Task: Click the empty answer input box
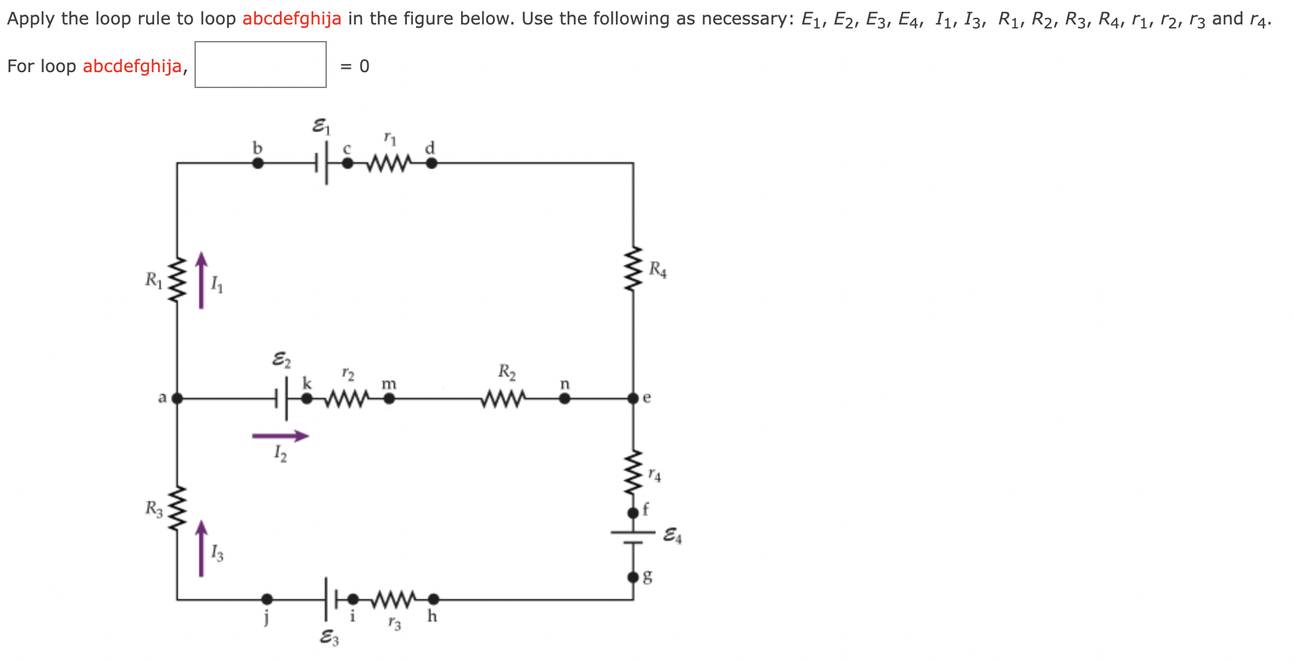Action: tap(260, 64)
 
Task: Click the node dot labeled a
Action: tap(177, 399)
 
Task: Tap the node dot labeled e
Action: tap(633, 399)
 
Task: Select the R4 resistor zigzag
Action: tap(633, 269)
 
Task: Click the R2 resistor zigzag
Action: tap(504, 399)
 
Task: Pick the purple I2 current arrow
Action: tap(280, 436)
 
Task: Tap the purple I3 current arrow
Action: tap(202, 548)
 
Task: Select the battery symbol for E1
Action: tap(322, 163)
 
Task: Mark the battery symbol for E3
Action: tap(331, 600)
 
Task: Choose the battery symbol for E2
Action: tap(282, 399)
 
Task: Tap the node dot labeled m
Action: tap(390, 399)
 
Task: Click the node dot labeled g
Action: tap(633, 577)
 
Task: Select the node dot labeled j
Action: tap(267, 600)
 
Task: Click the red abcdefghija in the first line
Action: tap(292, 19)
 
